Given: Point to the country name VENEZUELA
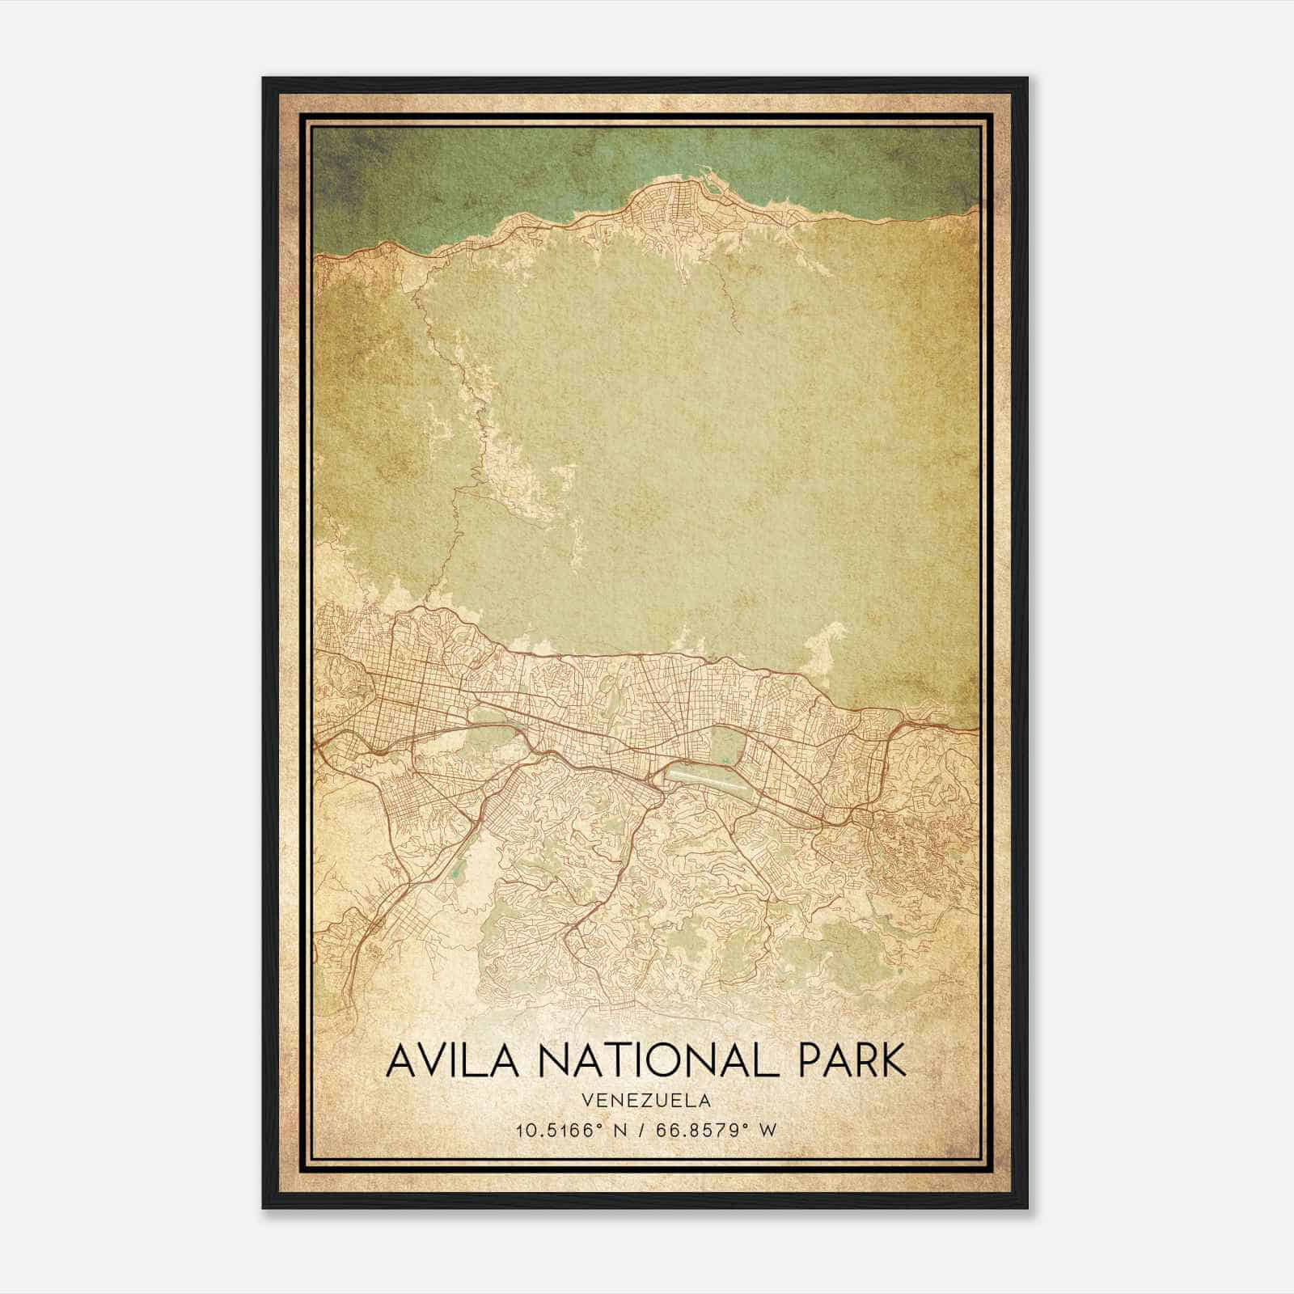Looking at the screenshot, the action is click(646, 1101).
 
